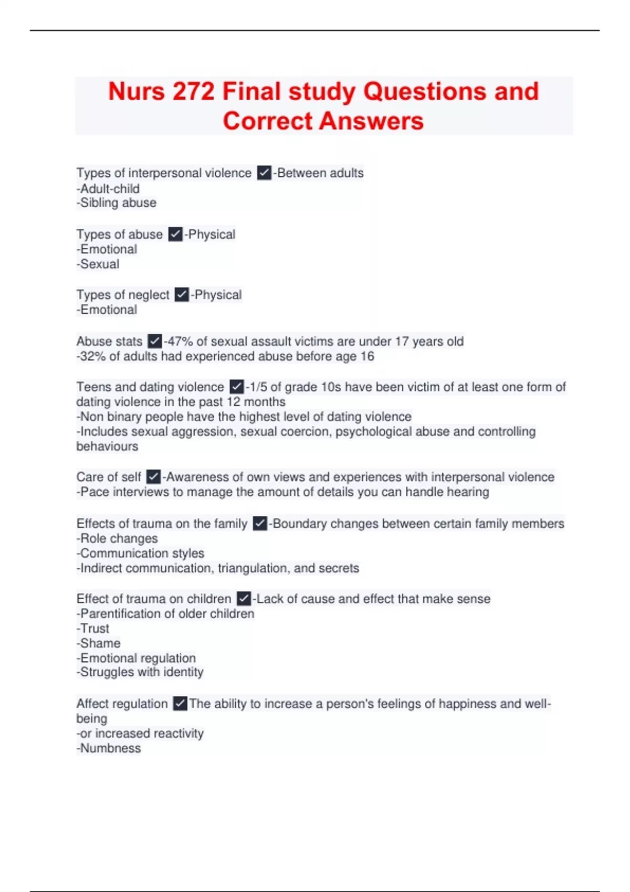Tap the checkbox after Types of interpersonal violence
coord(264,173)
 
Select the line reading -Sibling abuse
coord(117,203)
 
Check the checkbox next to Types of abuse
coord(175,234)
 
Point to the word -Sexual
coord(98,264)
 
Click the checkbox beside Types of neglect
coord(182,295)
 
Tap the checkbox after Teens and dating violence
coord(237,387)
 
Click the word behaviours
coord(108,447)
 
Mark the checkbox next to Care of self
coord(153,477)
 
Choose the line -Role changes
coord(117,538)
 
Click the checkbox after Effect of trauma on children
coord(244,599)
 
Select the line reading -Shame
coord(99,643)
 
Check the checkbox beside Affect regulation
coord(180,704)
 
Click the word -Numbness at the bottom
coord(109,749)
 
